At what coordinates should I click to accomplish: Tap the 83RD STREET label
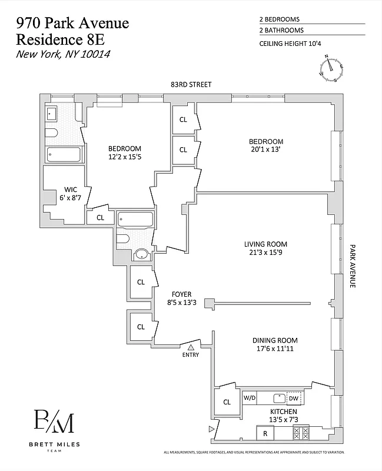coord(188,85)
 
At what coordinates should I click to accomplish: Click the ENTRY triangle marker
coord(191,348)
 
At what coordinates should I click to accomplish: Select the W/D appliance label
coord(250,399)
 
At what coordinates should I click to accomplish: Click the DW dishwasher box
coord(294,399)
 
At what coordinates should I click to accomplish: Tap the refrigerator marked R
coord(265,433)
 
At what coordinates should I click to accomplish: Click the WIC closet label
coord(69,190)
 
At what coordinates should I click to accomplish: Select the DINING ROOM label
coord(275,340)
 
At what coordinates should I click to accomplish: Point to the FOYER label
coord(180,294)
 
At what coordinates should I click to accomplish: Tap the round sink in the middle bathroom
coord(142,255)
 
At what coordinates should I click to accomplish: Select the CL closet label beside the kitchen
coord(227,403)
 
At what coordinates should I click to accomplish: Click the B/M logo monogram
coord(54,422)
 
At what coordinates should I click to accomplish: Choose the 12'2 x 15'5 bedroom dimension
coord(124,158)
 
